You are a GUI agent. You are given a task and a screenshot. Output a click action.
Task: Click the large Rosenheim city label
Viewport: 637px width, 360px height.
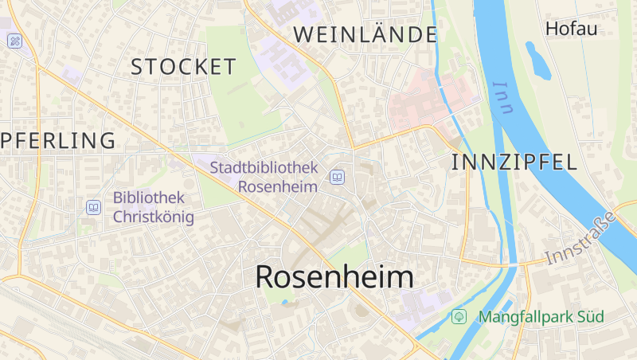click(x=334, y=277)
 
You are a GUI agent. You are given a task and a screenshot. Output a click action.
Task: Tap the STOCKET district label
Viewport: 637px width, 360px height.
click(x=184, y=67)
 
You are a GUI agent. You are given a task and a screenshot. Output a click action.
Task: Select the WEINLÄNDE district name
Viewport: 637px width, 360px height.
click(x=365, y=34)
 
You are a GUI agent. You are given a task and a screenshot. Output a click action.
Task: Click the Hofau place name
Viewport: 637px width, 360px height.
click(x=571, y=29)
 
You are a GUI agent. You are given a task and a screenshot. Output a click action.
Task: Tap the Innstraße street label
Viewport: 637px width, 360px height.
click(x=582, y=238)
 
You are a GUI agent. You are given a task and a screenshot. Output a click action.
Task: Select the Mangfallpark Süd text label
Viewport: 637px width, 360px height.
click(x=541, y=317)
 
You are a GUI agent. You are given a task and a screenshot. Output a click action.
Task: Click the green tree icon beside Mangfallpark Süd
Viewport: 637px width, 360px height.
click(x=459, y=316)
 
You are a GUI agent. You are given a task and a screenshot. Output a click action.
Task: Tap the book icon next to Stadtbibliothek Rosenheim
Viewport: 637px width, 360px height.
click(x=338, y=177)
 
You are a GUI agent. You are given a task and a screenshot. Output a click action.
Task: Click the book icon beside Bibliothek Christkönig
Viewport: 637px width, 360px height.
click(x=94, y=207)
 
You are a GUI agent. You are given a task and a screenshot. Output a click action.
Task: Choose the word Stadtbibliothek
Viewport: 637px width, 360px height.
click(x=264, y=168)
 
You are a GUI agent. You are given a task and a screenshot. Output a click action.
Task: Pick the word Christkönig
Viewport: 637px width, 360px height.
click(x=153, y=216)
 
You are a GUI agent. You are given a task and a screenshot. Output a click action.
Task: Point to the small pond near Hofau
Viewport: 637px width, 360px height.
click(x=537, y=60)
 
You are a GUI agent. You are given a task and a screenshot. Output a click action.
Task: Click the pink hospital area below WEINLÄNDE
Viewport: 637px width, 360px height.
click(x=430, y=100)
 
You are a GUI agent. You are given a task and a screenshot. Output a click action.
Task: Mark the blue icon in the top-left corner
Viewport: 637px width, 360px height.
click(x=14, y=41)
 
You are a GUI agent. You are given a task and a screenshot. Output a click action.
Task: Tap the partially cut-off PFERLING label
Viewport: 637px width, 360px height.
click(x=57, y=141)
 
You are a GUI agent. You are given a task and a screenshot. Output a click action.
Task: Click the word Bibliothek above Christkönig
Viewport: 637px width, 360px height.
click(x=149, y=197)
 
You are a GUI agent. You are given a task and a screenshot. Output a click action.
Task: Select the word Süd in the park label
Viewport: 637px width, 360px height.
click(x=591, y=317)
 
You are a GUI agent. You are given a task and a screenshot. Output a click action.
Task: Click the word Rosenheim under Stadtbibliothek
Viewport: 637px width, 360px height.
click(x=278, y=186)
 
